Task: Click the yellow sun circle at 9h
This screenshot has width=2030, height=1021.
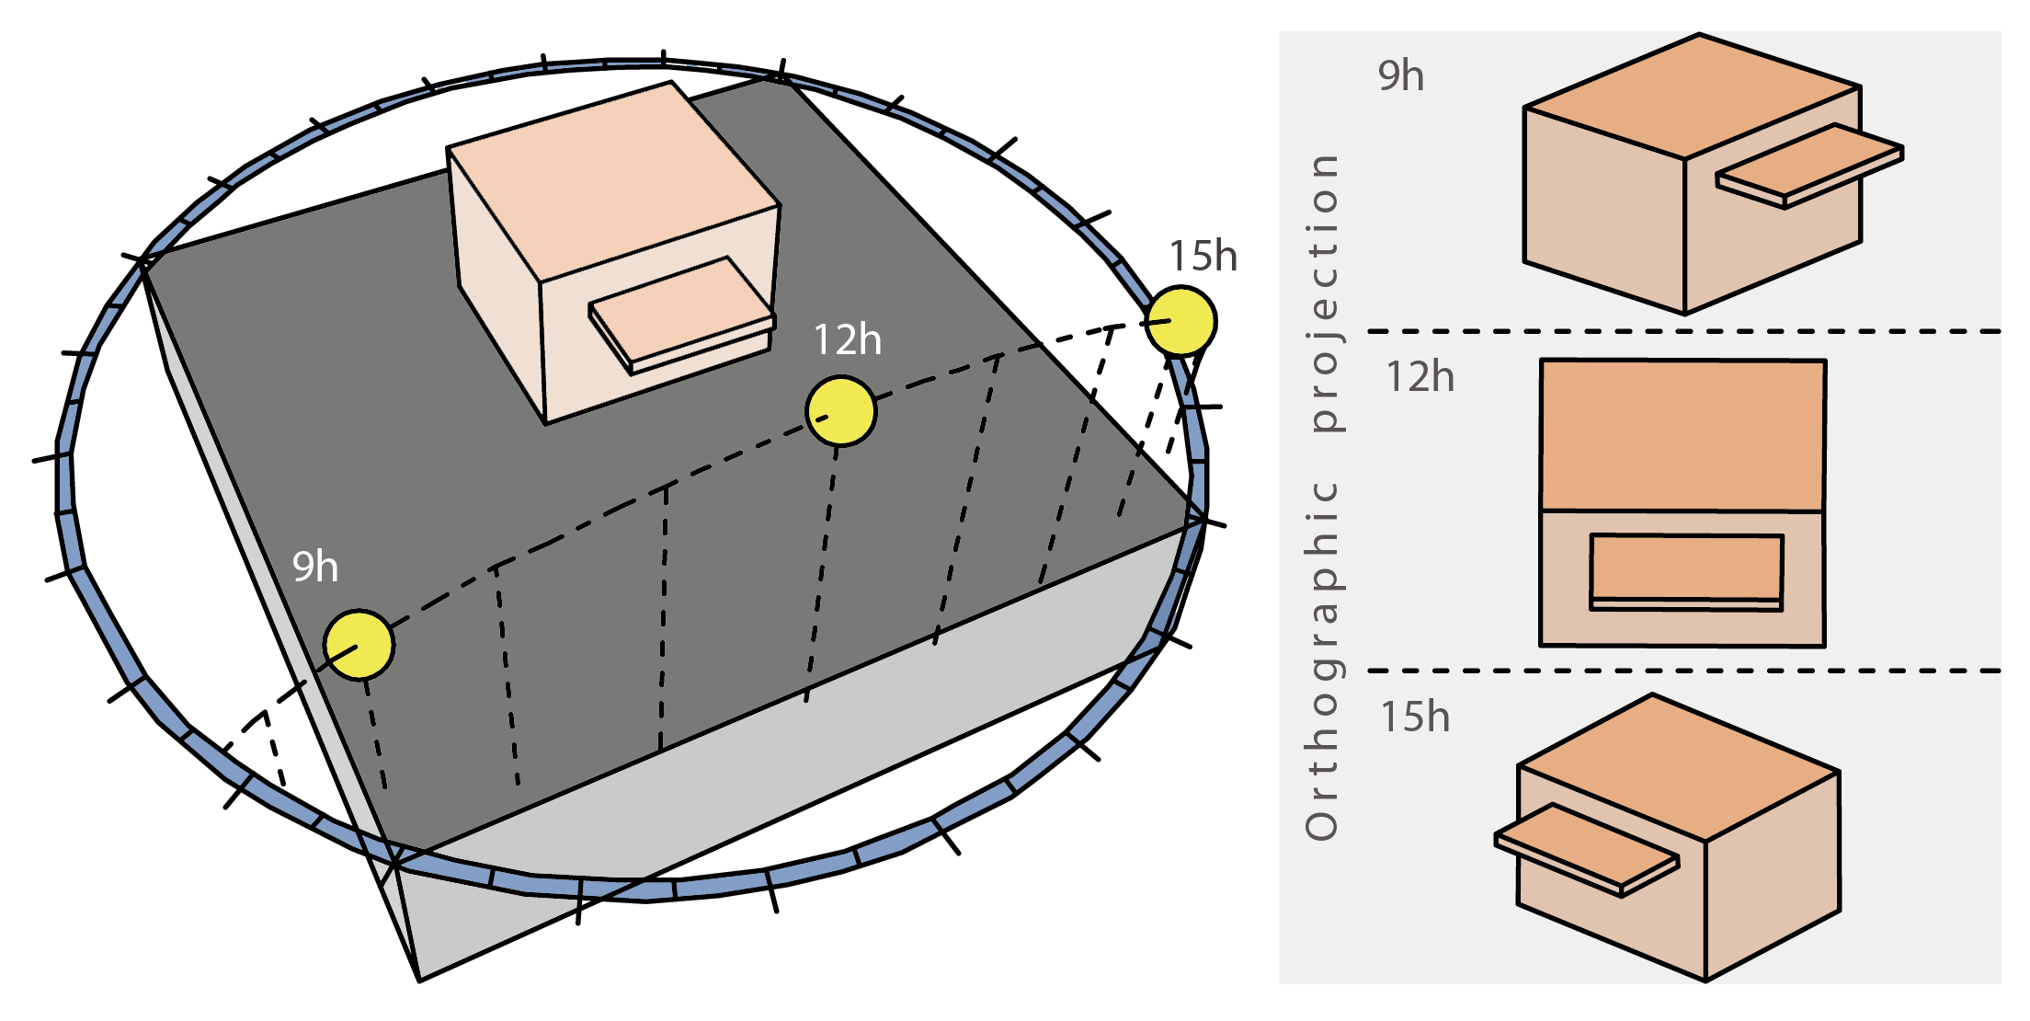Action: [x=359, y=645]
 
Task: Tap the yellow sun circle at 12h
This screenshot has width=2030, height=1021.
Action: [x=840, y=411]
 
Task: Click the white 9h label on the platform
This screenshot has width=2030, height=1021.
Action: [x=315, y=567]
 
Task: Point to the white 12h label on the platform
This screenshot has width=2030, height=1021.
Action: [x=847, y=340]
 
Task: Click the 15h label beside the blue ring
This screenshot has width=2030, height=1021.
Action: [x=1203, y=257]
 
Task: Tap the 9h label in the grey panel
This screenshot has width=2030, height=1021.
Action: [x=1400, y=76]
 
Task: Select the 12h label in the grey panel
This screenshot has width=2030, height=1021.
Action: [x=1420, y=378]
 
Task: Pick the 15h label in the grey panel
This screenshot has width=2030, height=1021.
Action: [x=1415, y=717]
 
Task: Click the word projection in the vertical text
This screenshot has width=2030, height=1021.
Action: [x=1322, y=293]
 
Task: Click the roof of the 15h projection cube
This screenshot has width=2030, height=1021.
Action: [x=1678, y=765]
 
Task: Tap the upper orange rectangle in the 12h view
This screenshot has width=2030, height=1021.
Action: [x=1682, y=434]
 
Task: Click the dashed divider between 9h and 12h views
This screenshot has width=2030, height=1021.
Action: [x=1682, y=330]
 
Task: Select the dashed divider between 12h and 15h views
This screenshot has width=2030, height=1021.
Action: [x=1682, y=671]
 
